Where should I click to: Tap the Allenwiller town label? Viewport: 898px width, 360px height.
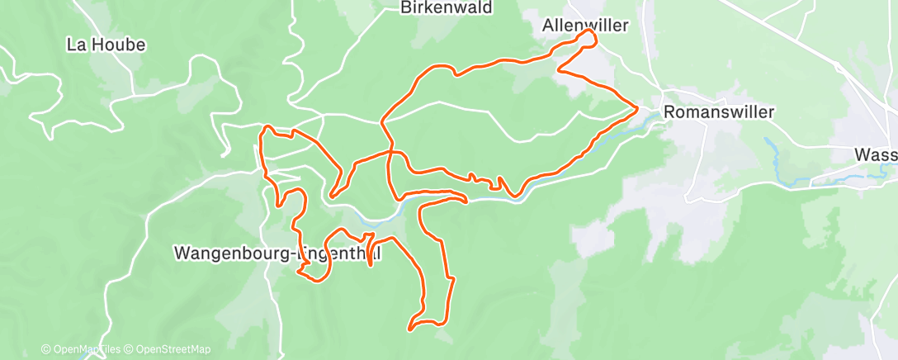pos(585,26)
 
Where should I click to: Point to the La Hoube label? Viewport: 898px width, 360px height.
pos(106,45)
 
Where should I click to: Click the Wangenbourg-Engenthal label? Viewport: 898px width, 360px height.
pos(277,253)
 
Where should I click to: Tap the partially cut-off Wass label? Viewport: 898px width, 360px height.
pos(876,154)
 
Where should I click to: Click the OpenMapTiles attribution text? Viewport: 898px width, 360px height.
pos(81,349)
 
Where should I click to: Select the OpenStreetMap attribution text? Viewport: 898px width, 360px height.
pos(168,349)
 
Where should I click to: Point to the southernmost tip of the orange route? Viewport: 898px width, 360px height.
pos(410,329)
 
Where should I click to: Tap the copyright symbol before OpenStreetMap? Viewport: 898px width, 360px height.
pos(129,349)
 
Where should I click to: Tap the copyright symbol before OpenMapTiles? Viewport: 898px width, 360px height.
pos(45,349)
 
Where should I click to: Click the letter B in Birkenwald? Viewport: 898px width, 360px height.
pos(404,8)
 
